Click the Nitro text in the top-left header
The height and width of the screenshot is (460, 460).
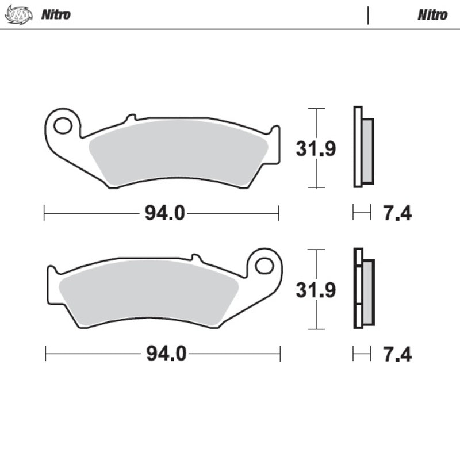coord(55,15)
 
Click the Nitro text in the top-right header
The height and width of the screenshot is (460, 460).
coord(432,15)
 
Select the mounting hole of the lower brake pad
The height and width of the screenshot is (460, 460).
coord(264,266)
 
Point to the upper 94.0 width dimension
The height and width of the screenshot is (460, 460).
coord(164,214)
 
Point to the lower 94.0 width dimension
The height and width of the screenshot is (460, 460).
coord(166,354)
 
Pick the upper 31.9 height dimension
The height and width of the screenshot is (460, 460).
coord(316,149)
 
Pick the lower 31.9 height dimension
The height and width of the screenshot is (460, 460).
coord(316,290)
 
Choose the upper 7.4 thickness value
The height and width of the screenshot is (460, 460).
coord(397,214)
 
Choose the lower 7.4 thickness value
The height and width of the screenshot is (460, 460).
coord(397,354)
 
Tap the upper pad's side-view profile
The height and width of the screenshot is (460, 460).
coord(363,147)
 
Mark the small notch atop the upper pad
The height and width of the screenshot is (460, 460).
coord(131,117)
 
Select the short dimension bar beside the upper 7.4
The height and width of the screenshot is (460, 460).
coord(362,214)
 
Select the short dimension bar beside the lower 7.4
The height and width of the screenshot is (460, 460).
coord(362,354)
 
